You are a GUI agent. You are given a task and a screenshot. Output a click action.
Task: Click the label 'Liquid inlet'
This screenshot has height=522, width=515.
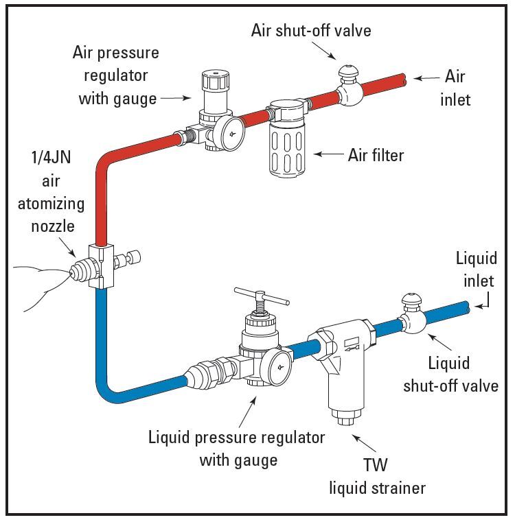(475, 270)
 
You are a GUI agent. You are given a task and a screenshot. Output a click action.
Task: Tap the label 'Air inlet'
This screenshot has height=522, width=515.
(455, 87)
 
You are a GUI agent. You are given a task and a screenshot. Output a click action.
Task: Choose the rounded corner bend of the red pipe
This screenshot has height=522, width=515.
(104, 162)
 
